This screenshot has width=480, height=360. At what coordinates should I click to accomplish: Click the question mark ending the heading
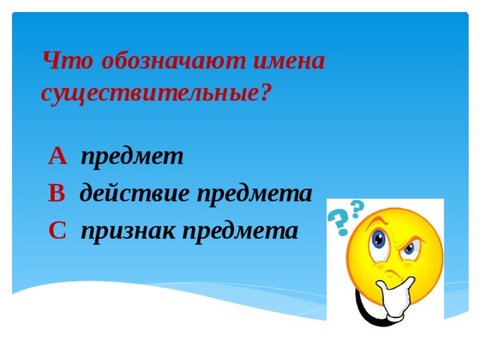pos(264,93)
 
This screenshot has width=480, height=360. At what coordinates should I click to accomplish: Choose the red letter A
pos(58,156)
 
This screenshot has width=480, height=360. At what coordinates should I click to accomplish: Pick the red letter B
pos(57,193)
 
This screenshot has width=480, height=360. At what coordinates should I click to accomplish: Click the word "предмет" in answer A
pos(132,156)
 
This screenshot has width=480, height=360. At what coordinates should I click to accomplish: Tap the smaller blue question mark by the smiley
pos(357,206)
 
